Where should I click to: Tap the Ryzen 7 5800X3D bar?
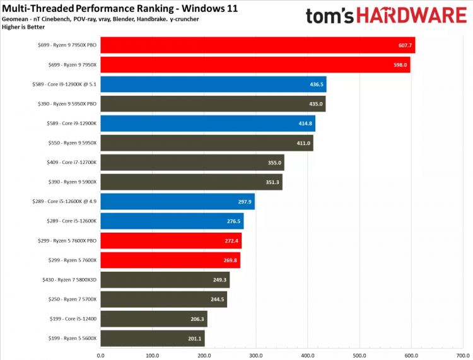point(165,280)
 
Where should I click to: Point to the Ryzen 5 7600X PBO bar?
point(171,241)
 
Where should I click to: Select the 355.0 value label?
point(274,163)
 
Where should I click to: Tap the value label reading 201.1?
point(194,339)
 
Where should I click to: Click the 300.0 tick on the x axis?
point(255,354)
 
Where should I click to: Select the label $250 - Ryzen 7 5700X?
point(71,299)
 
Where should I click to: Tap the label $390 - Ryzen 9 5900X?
point(72,182)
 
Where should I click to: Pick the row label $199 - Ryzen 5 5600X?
point(71,339)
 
